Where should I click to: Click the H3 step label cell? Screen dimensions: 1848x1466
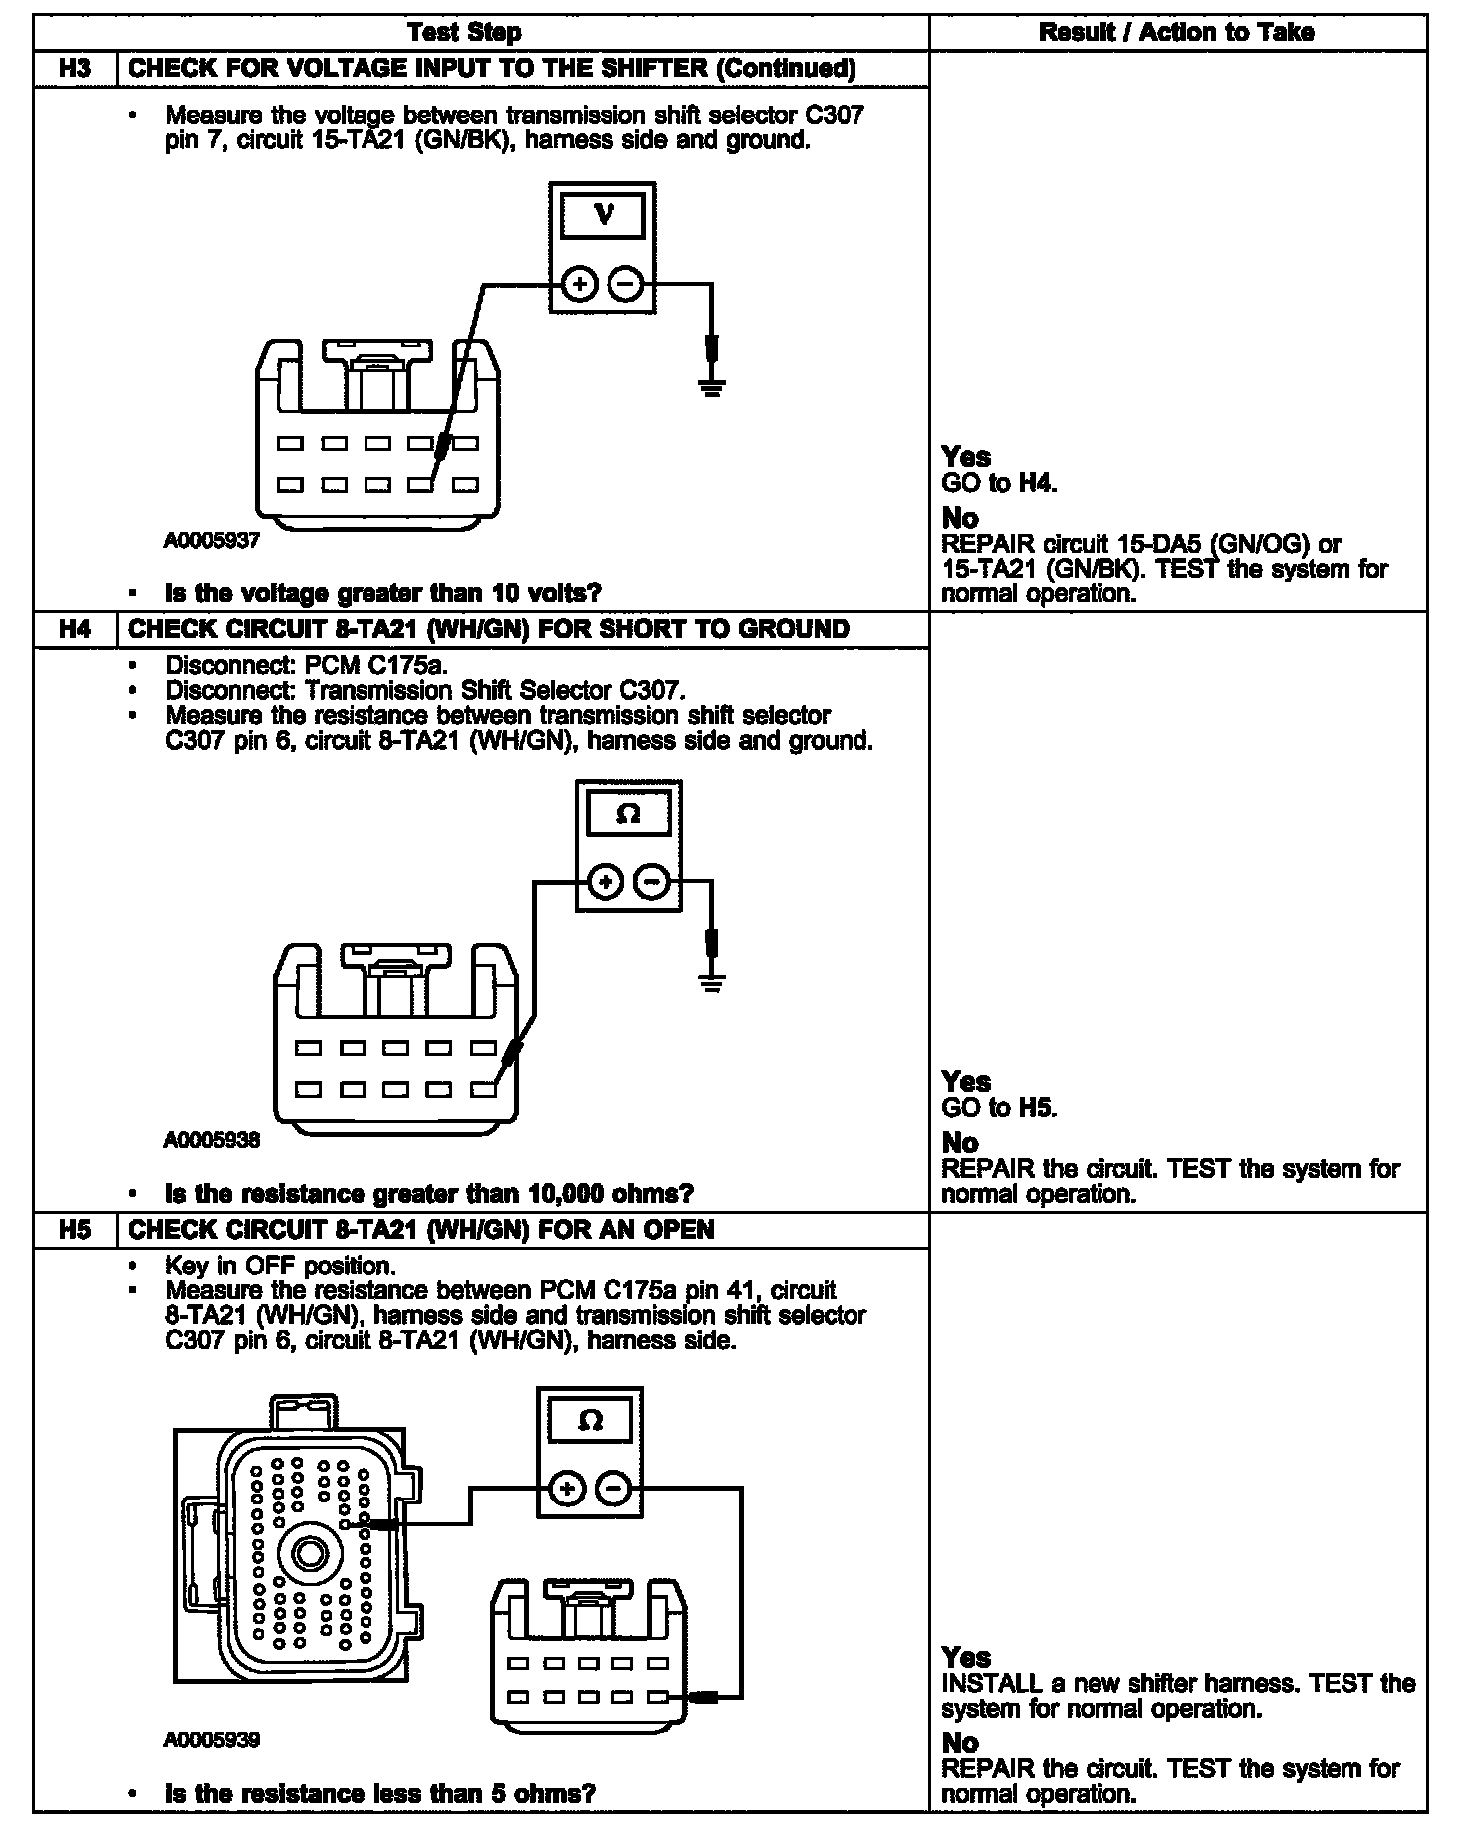click(x=75, y=69)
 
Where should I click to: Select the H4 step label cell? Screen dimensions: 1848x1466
click(x=75, y=629)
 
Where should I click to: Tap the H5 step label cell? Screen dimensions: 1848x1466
click(x=75, y=1230)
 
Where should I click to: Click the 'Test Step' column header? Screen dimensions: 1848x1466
click(x=464, y=33)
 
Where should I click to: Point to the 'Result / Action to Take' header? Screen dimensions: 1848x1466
click(x=1176, y=33)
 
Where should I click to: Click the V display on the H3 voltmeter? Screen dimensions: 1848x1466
click(x=603, y=214)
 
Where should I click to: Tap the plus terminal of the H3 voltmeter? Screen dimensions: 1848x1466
click(x=579, y=285)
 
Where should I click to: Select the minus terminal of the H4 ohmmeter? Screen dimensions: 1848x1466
click(x=652, y=881)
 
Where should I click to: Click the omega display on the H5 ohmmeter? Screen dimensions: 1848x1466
click(x=590, y=1420)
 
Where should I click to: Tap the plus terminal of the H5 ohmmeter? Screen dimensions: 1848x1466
click(x=566, y=1490)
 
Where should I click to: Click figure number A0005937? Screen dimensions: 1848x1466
click(x=212, y=541)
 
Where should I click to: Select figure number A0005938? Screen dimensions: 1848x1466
click(x=212, y=1140)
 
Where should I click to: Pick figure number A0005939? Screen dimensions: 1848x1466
click(x=212, y=1740)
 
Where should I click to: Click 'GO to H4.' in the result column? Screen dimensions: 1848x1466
click(x=999, y=484)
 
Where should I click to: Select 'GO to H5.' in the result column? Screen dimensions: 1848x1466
click(x=999, y=1108)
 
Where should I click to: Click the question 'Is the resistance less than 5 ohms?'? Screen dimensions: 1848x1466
click(x=379, y=1794)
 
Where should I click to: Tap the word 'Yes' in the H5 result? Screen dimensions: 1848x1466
click(x=966, y=1657)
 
